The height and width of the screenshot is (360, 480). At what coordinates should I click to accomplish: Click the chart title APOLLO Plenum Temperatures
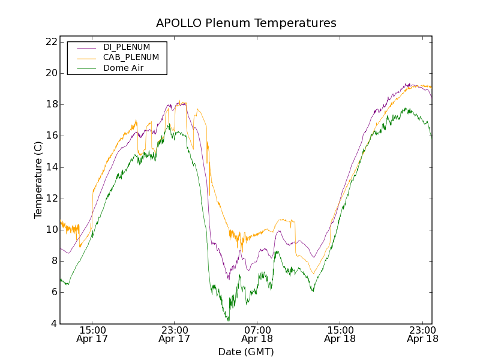(x=246, y=23)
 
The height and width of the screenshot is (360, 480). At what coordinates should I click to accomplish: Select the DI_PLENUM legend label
(x=127, y=47)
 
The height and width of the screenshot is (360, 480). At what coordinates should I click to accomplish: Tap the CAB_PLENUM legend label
(x=131, y=58)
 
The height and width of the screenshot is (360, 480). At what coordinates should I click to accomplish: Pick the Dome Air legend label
(x=124, y=68)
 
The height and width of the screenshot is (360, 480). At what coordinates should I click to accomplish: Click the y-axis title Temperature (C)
(x=38, y=180)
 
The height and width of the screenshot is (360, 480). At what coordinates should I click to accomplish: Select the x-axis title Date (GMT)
(x=246, y=352)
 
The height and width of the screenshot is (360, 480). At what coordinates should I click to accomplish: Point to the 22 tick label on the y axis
(x=50, y=42)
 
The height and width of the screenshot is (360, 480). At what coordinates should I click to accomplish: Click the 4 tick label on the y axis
(x=53, y=324)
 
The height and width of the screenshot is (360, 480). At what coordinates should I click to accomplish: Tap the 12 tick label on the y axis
(x=50, y=199)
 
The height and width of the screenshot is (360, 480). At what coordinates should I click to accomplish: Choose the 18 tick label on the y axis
(x=50, y=104)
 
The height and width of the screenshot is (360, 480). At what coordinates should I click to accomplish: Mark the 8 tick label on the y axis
(x=53, y=261)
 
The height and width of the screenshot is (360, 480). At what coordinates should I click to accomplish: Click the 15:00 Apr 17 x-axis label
(x=92, y=334)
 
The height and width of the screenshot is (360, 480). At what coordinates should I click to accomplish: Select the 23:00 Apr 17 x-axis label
(x=175, y=334)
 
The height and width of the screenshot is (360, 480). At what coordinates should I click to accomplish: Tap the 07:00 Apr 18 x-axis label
(x=257, y=334)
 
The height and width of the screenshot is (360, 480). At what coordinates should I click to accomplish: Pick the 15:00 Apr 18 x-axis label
(x=340, y=334)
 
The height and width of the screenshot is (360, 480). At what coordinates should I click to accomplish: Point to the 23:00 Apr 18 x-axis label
(x=422, y=334)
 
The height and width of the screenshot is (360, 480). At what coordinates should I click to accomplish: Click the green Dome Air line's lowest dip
(x=228, y=320)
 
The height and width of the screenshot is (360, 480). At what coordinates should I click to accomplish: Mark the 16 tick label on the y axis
(x=50, y=136)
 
